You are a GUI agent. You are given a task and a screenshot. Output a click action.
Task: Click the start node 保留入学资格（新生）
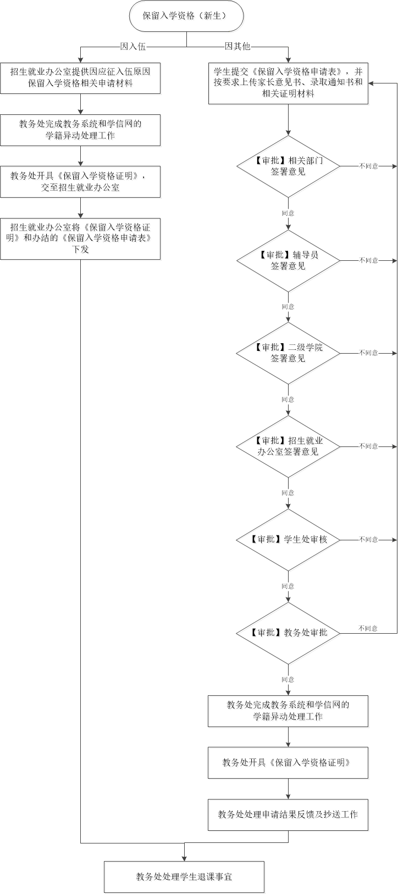click(186, 16)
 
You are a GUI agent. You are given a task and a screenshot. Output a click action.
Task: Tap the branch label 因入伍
click(133, 47)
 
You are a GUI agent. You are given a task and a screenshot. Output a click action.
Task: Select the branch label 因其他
click(237, 46)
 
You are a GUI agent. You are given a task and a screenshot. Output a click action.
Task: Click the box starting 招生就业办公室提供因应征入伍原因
click(80, 78)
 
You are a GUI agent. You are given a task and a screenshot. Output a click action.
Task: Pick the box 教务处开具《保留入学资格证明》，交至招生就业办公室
click(80, 182)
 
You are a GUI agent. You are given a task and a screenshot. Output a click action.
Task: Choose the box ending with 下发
click(80, 239)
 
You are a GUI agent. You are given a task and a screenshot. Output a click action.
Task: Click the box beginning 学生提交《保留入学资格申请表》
click(288, 83)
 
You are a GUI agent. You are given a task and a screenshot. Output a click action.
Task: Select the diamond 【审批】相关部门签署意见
click(288, 166)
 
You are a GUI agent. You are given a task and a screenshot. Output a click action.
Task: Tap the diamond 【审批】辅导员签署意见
click(288, 261)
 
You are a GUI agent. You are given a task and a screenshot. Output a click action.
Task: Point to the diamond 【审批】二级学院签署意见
click(288, 353)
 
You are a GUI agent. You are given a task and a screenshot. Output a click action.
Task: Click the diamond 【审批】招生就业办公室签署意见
click(288, 446)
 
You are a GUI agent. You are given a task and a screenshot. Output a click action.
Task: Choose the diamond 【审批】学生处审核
click(288, 540)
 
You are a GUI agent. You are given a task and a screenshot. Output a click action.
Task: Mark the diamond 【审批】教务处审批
click(288, 633)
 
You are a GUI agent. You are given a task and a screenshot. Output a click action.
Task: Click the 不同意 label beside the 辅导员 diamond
click(368, 260)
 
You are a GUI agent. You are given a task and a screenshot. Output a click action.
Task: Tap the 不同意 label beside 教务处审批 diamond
click(368, 628)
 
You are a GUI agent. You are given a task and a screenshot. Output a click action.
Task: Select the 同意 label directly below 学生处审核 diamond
click(288, 586)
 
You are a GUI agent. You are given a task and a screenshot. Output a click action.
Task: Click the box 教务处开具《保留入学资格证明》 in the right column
click(288, 763)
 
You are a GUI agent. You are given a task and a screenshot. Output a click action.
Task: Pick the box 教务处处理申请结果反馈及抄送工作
click(288, 815)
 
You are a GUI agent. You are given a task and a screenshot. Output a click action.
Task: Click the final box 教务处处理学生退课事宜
click(184, 877)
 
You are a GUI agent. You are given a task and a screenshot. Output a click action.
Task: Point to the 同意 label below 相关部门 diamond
click(288, 213)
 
